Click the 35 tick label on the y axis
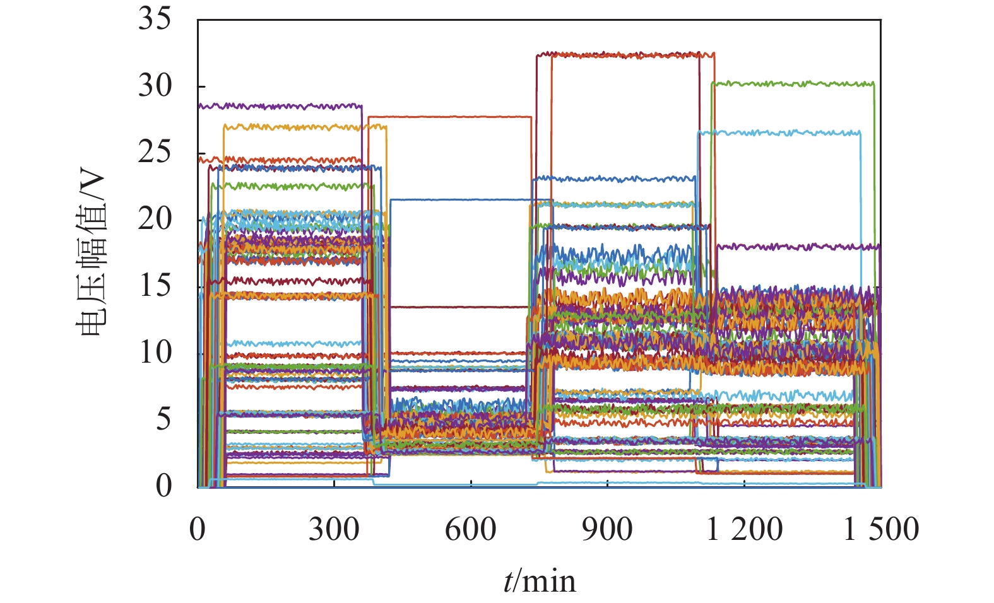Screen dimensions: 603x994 point(155,20)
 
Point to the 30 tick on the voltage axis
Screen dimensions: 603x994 point(155,86)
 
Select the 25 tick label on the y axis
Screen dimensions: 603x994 point(155,153)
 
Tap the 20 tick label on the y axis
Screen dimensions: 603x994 point(155,220)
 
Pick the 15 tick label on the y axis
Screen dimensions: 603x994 point(155,286)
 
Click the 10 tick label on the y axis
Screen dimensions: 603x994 point(155,353)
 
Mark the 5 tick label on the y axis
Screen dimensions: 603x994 point(163,419)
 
